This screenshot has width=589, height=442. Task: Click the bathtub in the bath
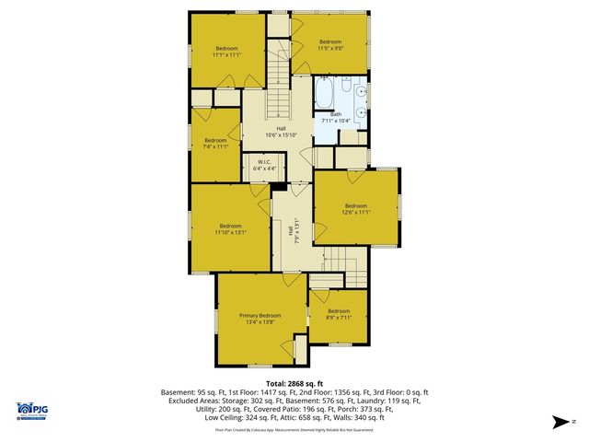click(x=325, y=94)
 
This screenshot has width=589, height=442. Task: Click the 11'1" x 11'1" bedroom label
click(x=226, y=52)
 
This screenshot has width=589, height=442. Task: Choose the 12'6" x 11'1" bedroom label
click(x=356, y=209)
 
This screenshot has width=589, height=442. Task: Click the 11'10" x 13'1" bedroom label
click(x=230, y=229)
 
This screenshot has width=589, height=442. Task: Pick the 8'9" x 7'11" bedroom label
click(x=339, y=315)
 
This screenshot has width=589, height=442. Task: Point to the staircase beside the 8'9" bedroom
click(x=335, y=276)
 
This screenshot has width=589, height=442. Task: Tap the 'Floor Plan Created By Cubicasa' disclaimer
click(x=294, y=430)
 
